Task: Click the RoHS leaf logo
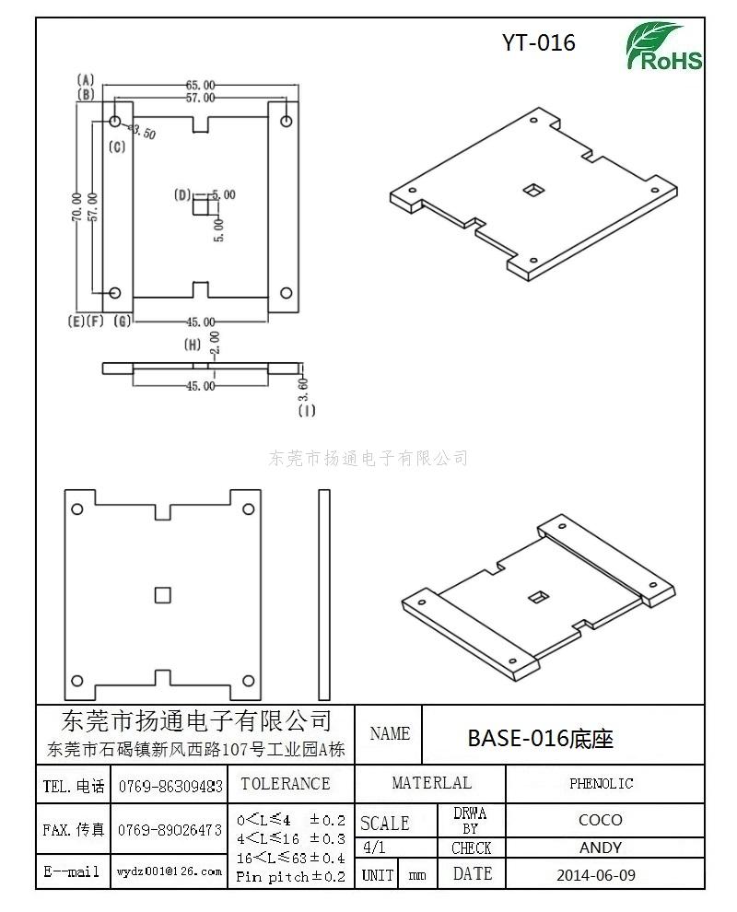pos(663,46)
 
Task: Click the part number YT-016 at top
pos(539,42)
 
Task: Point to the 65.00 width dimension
pos(200,86)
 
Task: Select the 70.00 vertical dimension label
pos(76,207)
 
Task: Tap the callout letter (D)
pos(182,195)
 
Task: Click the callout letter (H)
pos(193,345)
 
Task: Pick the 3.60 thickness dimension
pos(302,389)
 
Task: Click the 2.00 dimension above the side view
pos(215,344)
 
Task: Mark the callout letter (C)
pos(118,146)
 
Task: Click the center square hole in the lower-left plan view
pos(163,595)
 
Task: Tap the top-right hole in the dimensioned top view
pos(287,121)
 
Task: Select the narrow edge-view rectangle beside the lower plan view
pos(324,594)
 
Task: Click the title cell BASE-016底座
pos(541,738)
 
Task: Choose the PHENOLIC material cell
pos(601,784)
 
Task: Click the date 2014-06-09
pos(596,875)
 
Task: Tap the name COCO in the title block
pos(601,820)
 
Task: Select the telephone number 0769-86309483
pos(170,787)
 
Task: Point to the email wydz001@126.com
pos(170,871)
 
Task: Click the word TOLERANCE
pos(286,784)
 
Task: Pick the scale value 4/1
pos(373,848)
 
